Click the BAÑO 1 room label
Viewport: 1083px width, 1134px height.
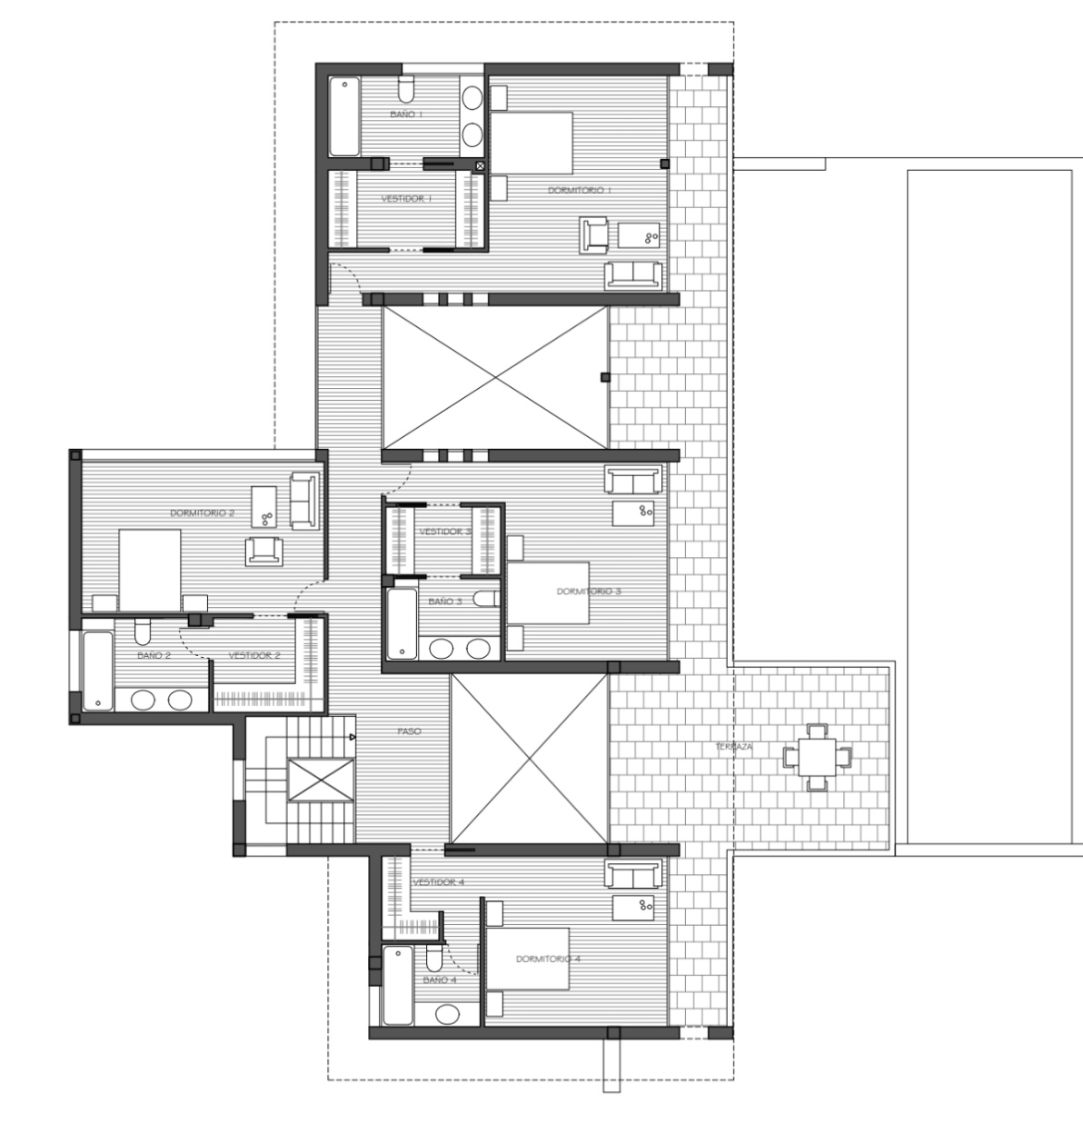click(406, 114)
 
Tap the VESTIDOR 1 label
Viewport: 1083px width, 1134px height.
click(406, 198)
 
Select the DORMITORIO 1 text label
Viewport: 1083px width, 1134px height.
click(580, 190)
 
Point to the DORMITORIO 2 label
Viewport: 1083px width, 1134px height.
click(202, 513)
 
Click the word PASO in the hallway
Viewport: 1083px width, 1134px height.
click(409, 731)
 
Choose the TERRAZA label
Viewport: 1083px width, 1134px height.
click(733, 747)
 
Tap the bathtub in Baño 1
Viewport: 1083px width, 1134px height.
click(343, 117)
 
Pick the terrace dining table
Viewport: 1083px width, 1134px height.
click(818, 755)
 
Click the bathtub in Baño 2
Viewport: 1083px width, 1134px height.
click(96, 671)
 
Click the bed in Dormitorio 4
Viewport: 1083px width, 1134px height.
click(527, 959)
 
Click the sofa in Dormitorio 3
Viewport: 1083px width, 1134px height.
click(633, 479)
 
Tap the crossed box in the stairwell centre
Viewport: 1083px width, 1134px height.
click(320, 780)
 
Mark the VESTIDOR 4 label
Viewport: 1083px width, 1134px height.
click(438, 882)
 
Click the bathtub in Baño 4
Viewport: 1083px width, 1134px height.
click(396, 985)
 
